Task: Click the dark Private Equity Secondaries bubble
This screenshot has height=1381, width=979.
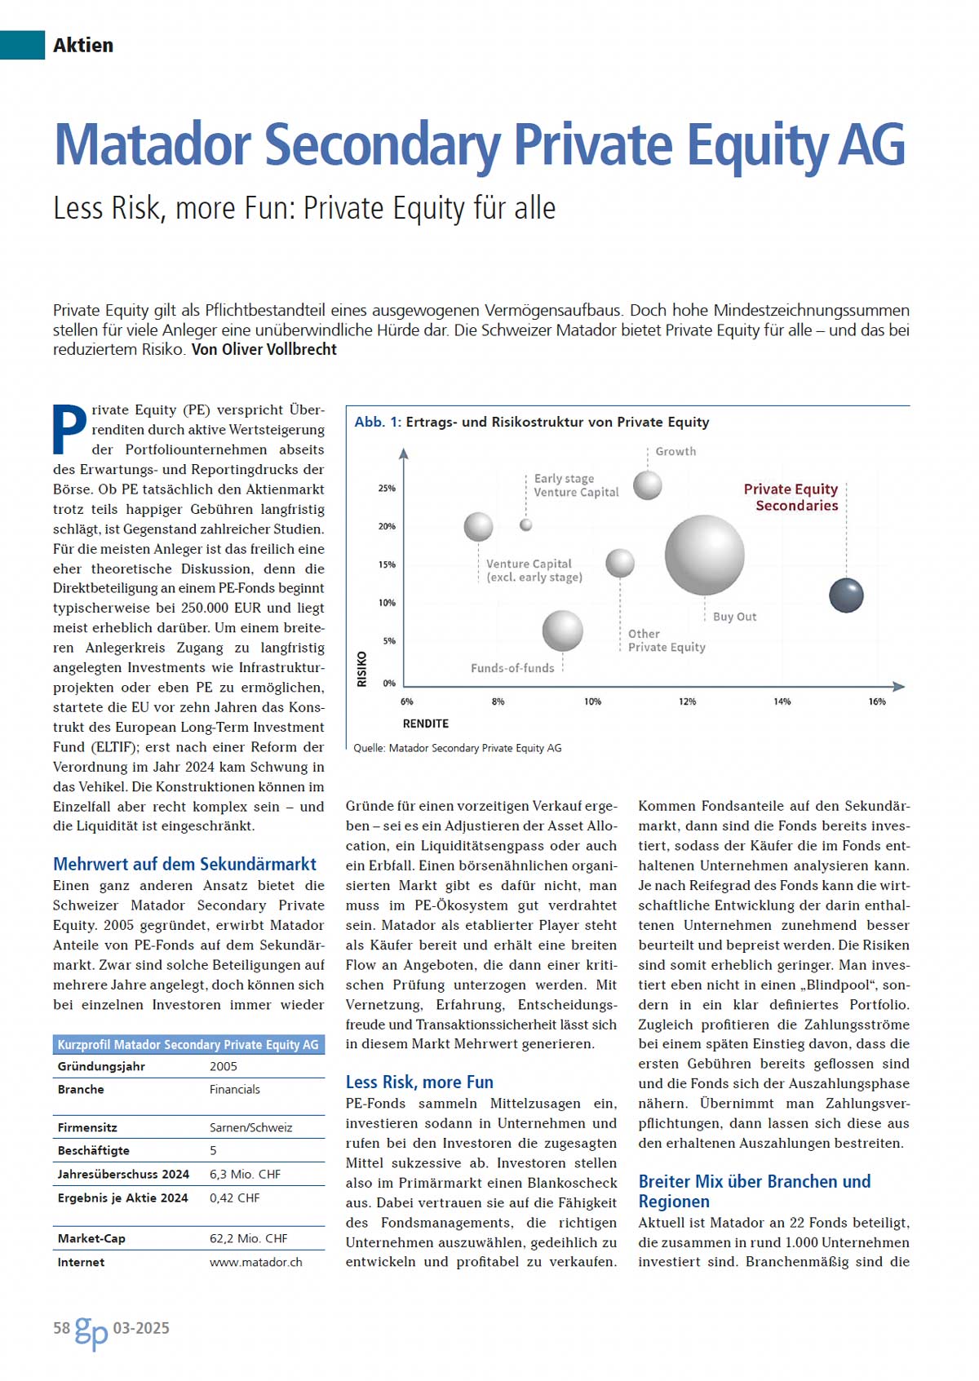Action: (846, 595)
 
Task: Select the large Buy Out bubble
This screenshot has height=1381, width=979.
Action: (704, 555)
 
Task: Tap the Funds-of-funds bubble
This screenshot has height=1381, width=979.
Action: (562, 631)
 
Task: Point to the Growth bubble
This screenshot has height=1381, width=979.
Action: (648, 485)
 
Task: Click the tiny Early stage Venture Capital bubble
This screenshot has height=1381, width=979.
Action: (526, 525)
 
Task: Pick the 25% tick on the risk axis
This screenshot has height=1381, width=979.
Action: (387, 489)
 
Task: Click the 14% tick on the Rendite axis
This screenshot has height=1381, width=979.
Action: (782, 702)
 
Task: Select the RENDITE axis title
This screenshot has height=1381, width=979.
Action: (426, 724)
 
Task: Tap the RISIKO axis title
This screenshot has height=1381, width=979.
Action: (362, 669)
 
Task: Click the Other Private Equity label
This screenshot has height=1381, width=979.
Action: (666, 640)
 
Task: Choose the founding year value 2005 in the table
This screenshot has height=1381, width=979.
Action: (223, 1066)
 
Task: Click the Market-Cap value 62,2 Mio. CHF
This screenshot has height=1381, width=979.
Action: (248, 1238)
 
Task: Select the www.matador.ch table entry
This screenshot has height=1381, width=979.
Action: (255, 1262)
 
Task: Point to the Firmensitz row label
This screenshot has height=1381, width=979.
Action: (87, 1127)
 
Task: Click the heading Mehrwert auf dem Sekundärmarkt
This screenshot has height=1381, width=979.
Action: (184, 864)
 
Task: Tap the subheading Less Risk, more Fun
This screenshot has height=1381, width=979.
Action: (419, 1082)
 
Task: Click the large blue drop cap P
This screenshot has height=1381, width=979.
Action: (69, 429)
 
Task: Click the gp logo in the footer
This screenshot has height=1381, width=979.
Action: (91, 1331)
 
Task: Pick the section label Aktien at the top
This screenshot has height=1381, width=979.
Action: (83, 45)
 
